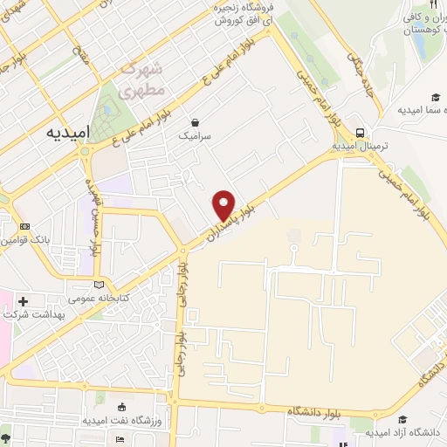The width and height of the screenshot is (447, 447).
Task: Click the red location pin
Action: (224, 205)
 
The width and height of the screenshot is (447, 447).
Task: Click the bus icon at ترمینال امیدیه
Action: (360, 133)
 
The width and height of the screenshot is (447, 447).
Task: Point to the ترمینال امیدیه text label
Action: (360, 147)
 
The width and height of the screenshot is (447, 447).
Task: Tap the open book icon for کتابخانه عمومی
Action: (98, 284)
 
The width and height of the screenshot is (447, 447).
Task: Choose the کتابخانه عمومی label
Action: (98, 298)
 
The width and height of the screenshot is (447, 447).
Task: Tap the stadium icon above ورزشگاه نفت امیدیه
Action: (120, 407)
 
